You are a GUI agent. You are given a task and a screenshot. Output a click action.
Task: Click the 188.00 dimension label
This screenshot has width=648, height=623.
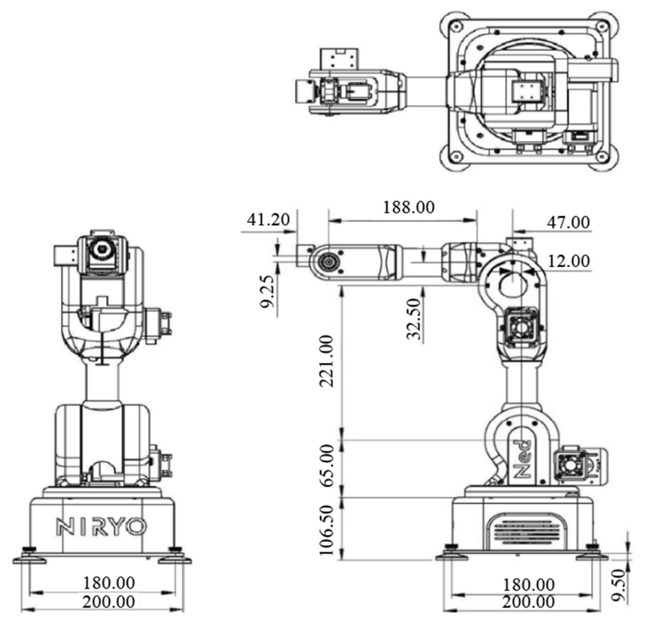(408, 208)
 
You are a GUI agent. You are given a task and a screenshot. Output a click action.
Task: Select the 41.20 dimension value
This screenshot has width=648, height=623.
(268, 220)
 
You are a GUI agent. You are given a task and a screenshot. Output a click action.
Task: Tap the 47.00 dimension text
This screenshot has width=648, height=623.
(568, 223)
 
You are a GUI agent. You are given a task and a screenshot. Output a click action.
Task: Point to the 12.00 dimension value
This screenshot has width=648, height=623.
(569, 261)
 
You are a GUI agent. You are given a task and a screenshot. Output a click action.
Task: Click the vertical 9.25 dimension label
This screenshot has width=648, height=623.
(267, 292)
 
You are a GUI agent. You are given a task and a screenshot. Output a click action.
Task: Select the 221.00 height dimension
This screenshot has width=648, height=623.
(327, 361)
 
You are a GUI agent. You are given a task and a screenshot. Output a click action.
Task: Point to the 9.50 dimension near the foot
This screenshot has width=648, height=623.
(618, 585)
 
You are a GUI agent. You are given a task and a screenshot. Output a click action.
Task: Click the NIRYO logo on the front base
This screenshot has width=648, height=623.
(101, 527)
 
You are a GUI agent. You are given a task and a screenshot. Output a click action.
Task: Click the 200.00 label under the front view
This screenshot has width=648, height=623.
(109, 602)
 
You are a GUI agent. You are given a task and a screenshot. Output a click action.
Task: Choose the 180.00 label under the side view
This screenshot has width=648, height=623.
(528, 585)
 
